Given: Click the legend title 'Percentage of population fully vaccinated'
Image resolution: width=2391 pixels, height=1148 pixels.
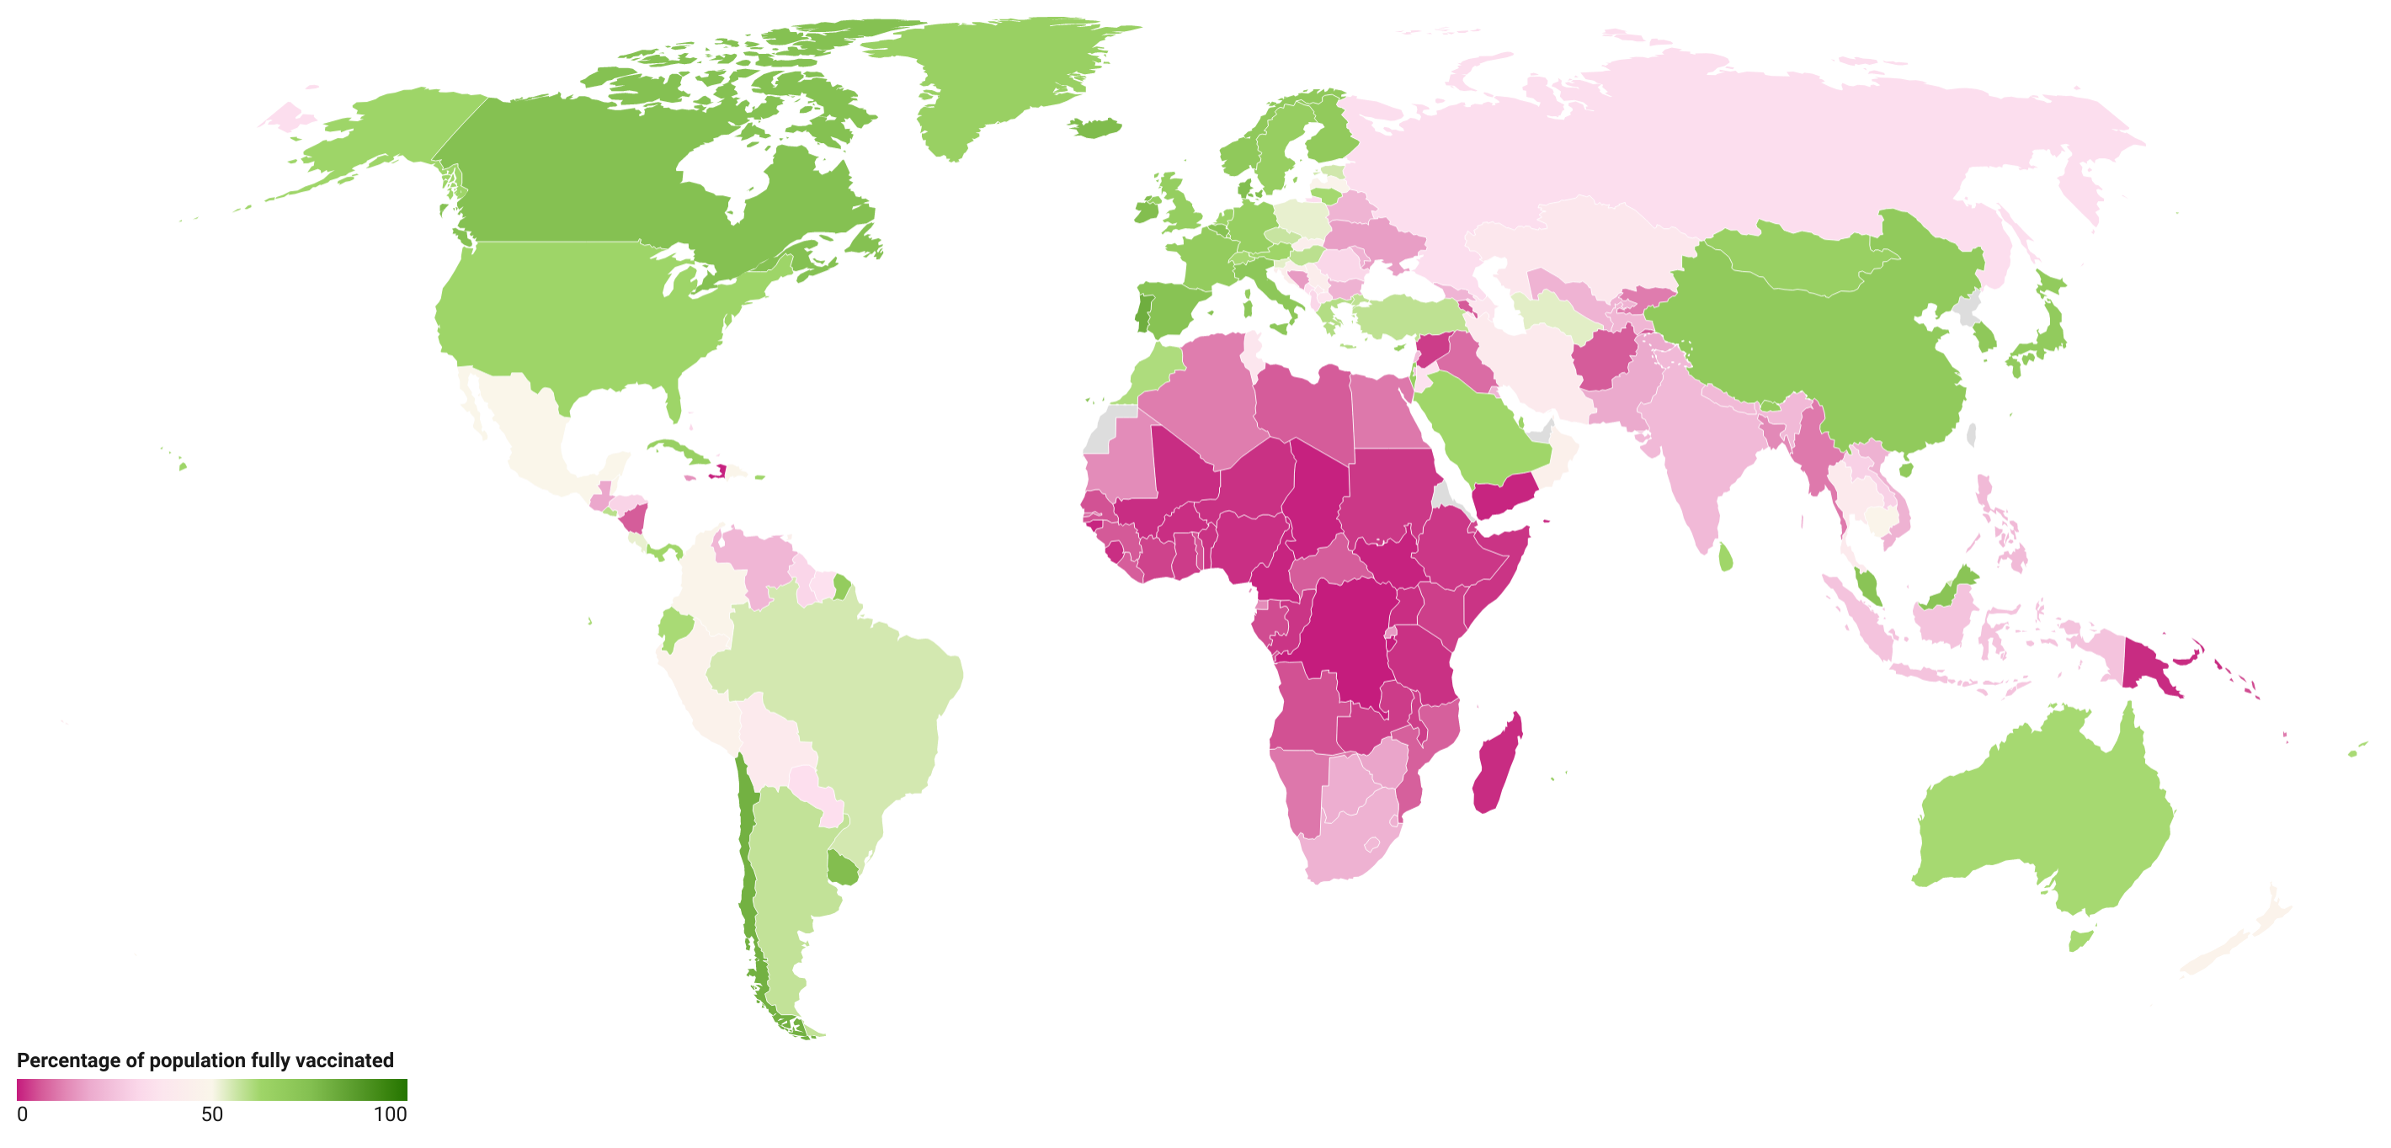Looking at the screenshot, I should (x=205, y=1060).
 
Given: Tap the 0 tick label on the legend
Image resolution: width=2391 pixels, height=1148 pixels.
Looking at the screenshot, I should (x=22, y=1114).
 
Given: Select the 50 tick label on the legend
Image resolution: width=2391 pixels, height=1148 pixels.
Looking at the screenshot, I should (x=212, y=1114).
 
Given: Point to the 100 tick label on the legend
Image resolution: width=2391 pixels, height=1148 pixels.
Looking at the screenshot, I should (x=390, y=1114).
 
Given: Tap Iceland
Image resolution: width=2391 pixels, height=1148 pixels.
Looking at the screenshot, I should (x=1097, y=127).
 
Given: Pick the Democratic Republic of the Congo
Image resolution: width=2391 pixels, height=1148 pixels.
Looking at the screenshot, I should (x=1346, y=640).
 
